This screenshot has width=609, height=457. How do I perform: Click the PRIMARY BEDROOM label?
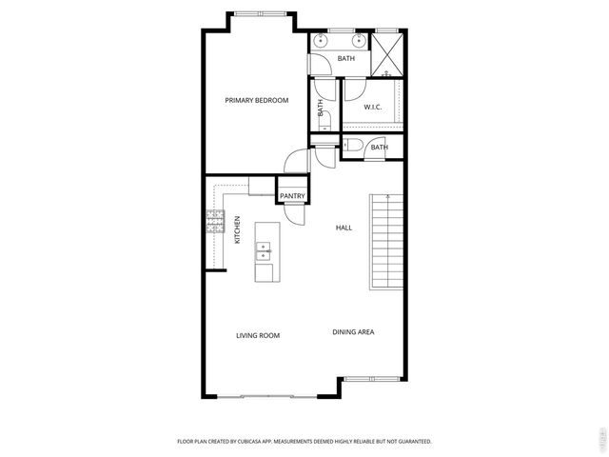(256, 100)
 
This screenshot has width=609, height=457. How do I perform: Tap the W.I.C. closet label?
(372, 107)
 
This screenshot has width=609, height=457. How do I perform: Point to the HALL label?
(344, 228)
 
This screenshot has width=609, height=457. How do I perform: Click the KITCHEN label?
(237, 229)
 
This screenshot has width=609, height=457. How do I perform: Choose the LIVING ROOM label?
(257, 335)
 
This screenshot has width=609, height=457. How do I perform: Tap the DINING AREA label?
(352, 332)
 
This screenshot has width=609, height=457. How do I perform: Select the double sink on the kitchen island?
(264, 252)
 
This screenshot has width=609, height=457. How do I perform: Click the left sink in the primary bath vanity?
(320, 42)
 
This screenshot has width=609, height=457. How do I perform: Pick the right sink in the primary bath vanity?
(359, 42)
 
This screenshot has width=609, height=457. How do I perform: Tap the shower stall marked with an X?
(386, 53)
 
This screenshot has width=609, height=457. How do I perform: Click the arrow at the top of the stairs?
(387, 199)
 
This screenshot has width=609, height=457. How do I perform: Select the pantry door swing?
(296, 213)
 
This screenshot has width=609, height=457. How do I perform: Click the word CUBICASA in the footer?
(273, 442)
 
